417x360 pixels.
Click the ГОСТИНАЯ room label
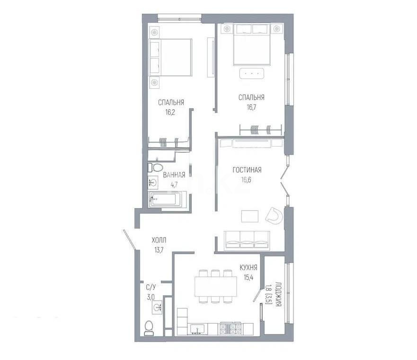click(247, 170)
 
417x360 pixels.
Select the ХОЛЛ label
click(159, 240)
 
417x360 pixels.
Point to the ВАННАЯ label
click(174, 175)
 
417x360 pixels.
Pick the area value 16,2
click(171, 113)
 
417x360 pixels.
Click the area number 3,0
click(151, 297)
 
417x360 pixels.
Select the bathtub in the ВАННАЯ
click(168, 200)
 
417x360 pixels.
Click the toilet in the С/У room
click(150, 327)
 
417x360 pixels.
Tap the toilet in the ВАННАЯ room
click(155, 167)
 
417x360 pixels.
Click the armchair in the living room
click(274, 216)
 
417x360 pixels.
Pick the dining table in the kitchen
click(215, 286)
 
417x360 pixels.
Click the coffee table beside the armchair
click(250, 216)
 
